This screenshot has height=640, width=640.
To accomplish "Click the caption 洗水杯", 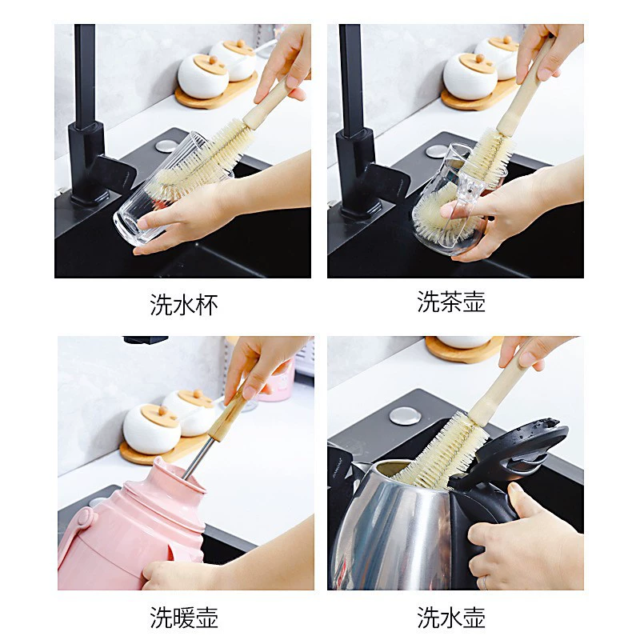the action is pyautogui.click(x=184, y=305).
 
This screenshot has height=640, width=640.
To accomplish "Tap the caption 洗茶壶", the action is pyautogui.click(x=451, y=302).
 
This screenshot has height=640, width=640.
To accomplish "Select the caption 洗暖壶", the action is pyautogui.click(x=184, y=617).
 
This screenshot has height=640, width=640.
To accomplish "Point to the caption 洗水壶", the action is pyautogui.click(x=451, y=617).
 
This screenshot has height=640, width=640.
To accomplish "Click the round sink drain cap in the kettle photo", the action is pyautogui.click(x=405, y=416).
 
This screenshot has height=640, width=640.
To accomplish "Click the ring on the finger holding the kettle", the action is pyautogui.click(x=485, y=582).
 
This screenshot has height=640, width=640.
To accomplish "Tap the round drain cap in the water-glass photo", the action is pyautogui.click(x=166, y=146).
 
